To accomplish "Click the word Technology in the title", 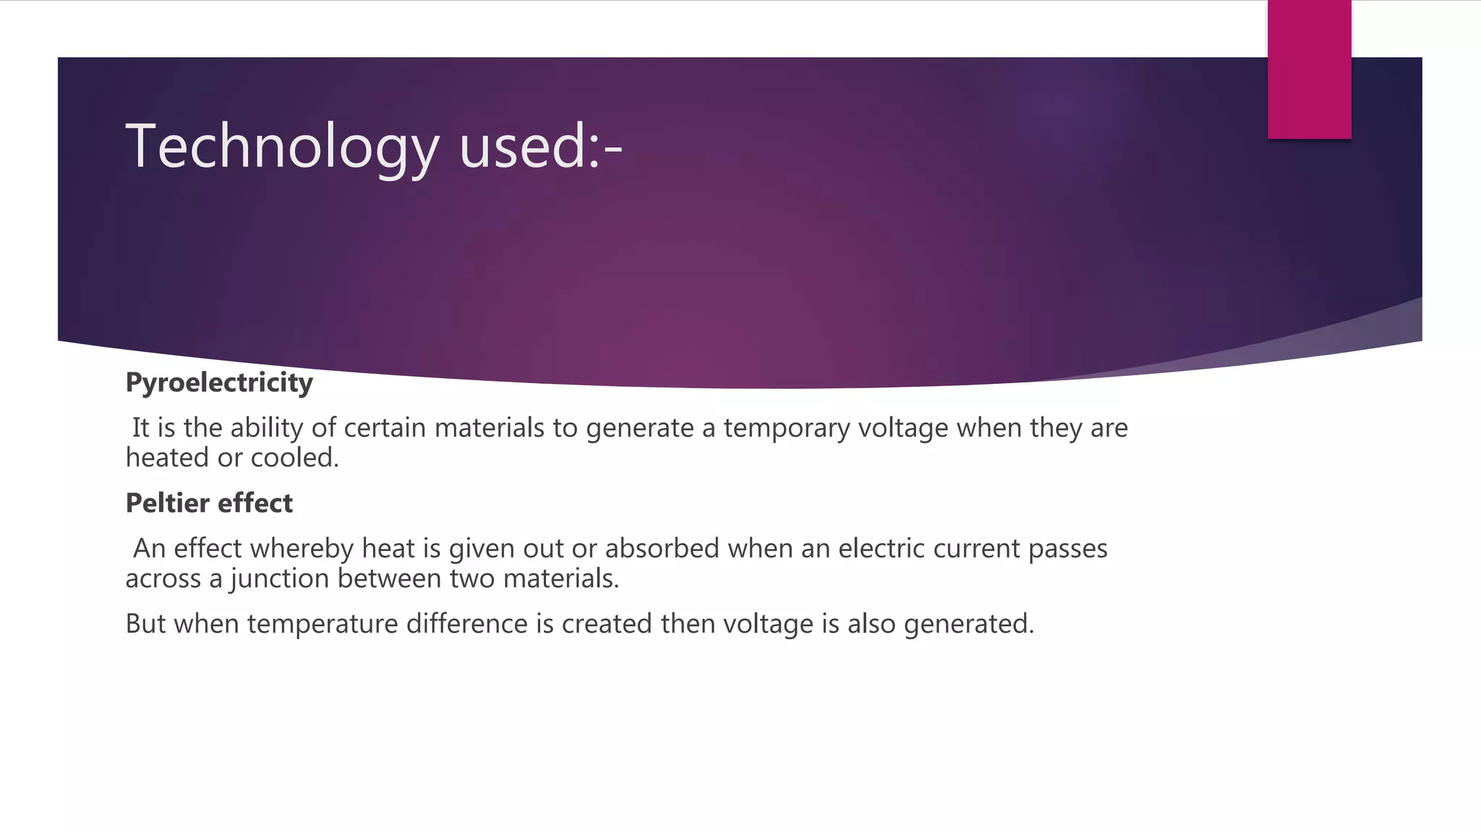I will tap(282, 147).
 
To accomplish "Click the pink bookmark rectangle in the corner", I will tap(1309, 69).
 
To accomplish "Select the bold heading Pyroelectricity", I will tap(219, 383).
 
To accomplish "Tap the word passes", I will tap(1067, 549).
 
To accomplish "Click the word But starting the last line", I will tap(145, 624).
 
